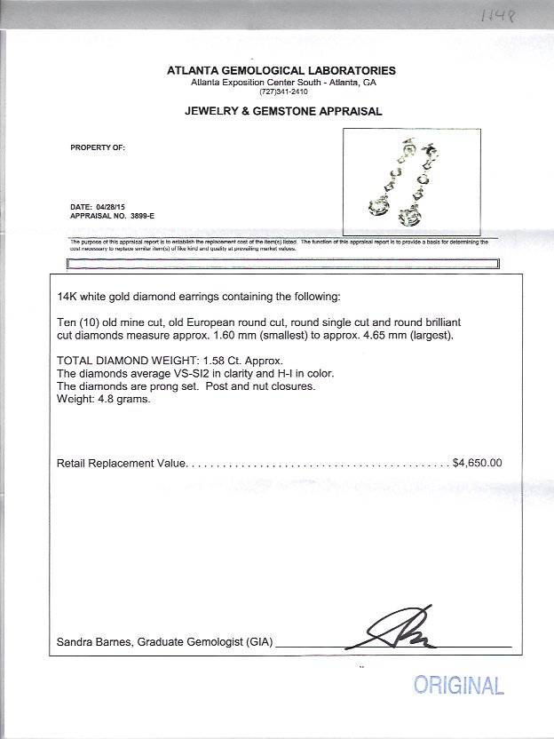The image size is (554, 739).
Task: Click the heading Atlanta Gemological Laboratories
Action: coord(282,71)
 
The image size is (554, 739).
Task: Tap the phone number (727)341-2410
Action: coord(282,91)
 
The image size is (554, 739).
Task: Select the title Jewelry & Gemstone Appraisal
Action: coord(282,112)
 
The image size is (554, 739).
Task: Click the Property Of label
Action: coord(98,147)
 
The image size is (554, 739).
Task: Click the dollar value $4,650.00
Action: coord(478,463)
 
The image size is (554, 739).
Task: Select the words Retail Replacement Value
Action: coord(121,463)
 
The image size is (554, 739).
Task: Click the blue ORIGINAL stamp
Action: coord(458,685)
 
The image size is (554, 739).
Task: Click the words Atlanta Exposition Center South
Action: coord(258,82)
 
